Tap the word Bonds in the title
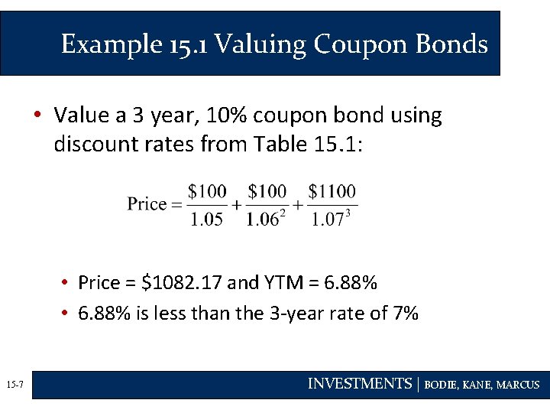point(451,44)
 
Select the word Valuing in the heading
point(260,44)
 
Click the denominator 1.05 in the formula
point(206,220)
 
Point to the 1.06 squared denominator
point(265,220)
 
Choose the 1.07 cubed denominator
point(331,220)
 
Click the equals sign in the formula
point(178,204)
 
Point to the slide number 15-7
point(15,385)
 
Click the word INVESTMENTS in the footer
point(359,385)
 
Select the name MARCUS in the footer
point(518,385)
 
